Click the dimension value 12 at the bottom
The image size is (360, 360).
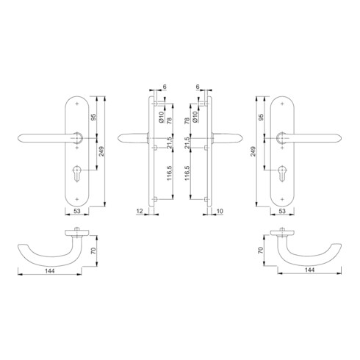click(139, 212)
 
